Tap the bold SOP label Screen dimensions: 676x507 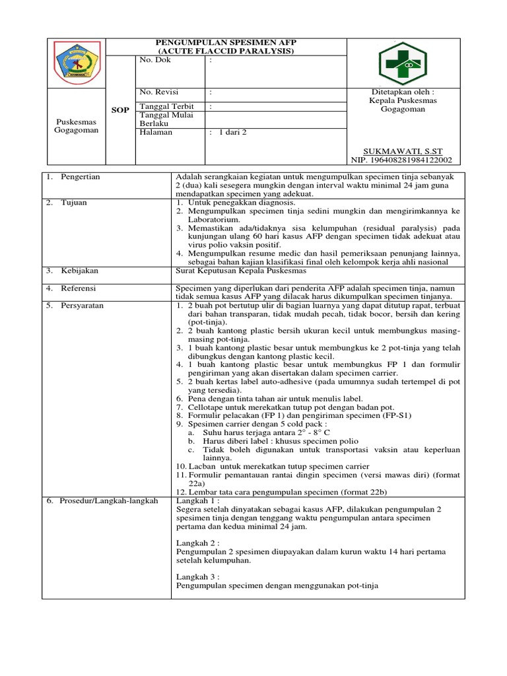[x=120, y=110]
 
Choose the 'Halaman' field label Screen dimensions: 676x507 [x=156, y=132]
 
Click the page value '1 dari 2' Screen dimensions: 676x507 [x=232, y=132]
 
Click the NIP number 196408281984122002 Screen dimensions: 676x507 [x=403, y=159]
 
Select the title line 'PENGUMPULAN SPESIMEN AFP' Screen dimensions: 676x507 [x=226, y=42]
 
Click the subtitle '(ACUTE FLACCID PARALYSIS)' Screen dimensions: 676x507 [x=226, y=51]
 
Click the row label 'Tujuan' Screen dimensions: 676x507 [x=75, y=203]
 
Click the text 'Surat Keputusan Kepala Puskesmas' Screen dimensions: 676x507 [x=240, y=271]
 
